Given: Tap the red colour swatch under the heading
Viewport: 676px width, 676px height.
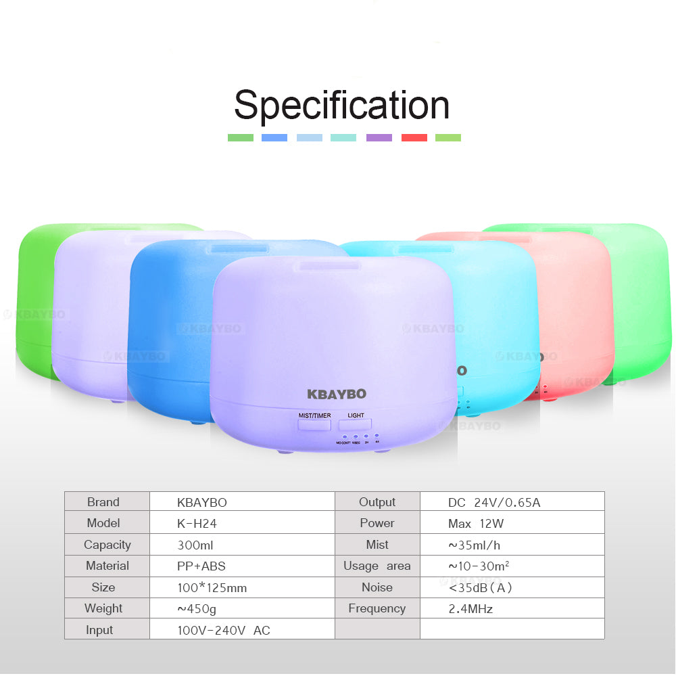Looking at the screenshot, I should tap(414, 137).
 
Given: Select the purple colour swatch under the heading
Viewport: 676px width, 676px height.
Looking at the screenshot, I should tap(379, 137).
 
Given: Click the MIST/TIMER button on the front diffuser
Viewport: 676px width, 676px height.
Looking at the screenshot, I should tap(314, 425).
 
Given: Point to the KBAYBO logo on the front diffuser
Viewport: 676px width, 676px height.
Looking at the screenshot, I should tap(336, 394).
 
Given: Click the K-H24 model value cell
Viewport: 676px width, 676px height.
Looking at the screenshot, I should tap(197, 523).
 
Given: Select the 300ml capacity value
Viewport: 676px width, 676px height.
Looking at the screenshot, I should tap(195, 545).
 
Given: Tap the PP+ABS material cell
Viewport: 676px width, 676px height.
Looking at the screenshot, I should tap(200, 566).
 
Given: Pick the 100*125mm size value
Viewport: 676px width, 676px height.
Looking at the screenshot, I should tap(212, 587).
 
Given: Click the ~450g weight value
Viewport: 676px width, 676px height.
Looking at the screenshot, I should tap(197, 608).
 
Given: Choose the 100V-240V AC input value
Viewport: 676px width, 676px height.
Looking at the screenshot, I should tap(223, 630).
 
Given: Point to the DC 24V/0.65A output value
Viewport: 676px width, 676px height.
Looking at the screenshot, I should tap(493, 502).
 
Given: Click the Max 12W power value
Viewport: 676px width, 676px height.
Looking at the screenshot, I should tap(475, 523).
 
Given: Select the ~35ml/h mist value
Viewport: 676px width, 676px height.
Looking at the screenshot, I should tap(474, 545).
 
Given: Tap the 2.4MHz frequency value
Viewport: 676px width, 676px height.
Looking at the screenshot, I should tap(470, 608).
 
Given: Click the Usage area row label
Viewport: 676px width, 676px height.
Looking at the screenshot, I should tap(377, 566).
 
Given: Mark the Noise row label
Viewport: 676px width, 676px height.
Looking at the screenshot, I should tap(377, 587).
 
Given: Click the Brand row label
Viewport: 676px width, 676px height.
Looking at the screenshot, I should tap(103, 502).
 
